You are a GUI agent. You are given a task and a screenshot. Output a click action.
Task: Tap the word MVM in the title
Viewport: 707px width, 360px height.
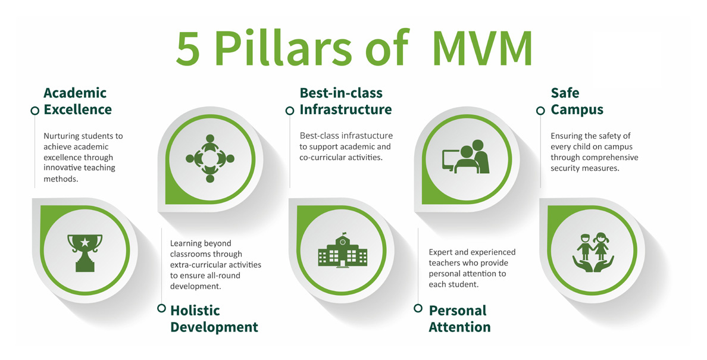[x=482, y=49]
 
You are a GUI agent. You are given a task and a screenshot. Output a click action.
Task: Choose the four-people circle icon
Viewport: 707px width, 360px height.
[x=209, y=158]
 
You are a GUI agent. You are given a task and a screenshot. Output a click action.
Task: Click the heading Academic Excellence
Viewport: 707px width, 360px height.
[x=77, y=101]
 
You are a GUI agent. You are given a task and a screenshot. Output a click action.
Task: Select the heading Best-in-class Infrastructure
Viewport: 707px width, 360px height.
[x=345, y=101]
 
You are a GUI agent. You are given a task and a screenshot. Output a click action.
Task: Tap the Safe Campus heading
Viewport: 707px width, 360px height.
[x=577, y=101]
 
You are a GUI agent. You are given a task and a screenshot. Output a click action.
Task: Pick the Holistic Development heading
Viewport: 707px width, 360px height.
[x=214, y=318]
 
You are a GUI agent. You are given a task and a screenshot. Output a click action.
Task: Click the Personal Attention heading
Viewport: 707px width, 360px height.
[x=459, y=318]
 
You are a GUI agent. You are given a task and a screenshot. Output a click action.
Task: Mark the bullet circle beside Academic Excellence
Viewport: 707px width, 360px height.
[x=35, y=111]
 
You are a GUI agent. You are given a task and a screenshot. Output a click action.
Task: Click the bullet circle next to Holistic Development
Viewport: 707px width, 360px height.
[x=161, y=308]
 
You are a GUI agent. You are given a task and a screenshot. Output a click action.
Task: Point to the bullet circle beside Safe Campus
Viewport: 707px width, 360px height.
[x=540, y=111]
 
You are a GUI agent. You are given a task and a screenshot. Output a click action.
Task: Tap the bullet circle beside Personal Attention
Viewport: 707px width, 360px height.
[x=418, y=308]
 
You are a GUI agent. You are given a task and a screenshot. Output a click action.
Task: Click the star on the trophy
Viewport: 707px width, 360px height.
[x=85, y=243]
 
